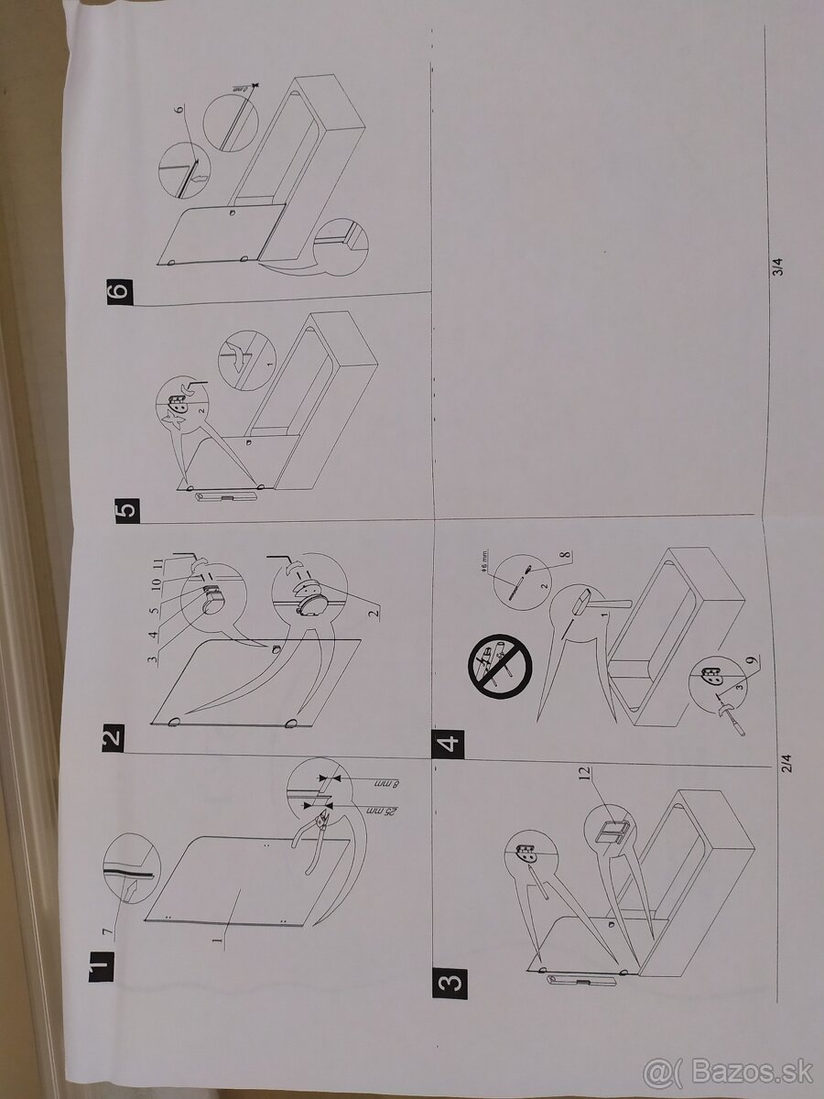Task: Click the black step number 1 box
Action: (102, 965)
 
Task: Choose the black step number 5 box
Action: (128, 506)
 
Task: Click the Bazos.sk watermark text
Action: (728, 1071)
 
